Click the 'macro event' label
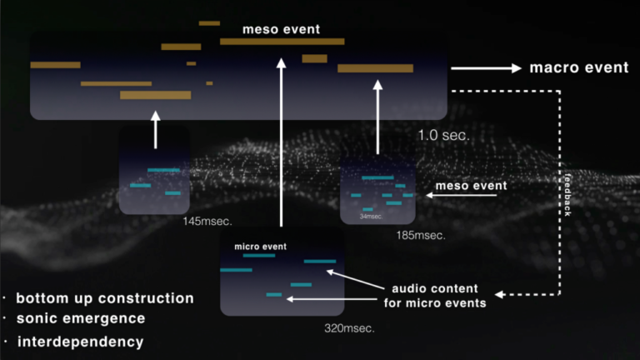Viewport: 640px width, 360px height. (579, 67)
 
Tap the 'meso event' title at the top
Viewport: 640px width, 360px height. (281, 29)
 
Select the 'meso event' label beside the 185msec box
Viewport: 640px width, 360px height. (472, 186)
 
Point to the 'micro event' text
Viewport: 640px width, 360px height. (260, 247)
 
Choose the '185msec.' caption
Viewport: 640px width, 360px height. (422, 236)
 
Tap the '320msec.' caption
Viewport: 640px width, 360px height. (349, 328)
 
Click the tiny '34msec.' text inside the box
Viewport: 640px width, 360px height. (370, 217)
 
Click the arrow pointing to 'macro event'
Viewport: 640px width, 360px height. (486, 68)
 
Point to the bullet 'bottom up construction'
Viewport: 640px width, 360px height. (104, 298)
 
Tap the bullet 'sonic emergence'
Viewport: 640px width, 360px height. (80, 318)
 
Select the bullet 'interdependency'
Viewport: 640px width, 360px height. (79, 342)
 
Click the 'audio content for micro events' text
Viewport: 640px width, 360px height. (435, 296)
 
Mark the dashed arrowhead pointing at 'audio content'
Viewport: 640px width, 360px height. (500, 294)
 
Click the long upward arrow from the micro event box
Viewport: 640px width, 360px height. (282, 142)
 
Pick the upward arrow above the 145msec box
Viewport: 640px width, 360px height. (155, 132)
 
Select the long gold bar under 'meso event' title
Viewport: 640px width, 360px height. (282, 41)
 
